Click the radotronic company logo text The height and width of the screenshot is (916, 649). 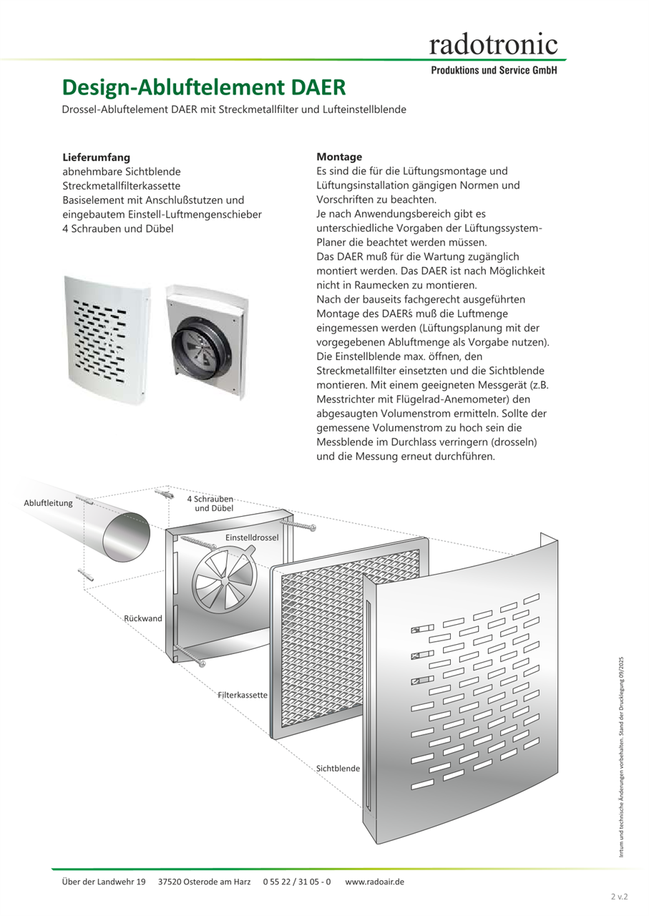(493, 44)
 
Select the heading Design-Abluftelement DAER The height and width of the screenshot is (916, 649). (204, 87)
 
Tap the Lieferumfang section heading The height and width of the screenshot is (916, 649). (96, 157)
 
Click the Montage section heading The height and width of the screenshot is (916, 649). (339, 157)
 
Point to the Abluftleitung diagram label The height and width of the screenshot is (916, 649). (49, 503)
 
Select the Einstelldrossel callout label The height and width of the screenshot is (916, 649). (252, 537)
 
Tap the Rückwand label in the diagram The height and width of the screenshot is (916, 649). (143, 618)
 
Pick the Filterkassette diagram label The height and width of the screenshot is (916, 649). (243, 695)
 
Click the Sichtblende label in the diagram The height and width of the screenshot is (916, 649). (338, 768)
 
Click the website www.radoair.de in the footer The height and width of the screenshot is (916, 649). (374, 882)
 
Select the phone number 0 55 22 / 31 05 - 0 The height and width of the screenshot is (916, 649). (297, 882)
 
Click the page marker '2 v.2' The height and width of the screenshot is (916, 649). (619, 897)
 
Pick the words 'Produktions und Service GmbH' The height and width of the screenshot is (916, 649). (493, 71)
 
